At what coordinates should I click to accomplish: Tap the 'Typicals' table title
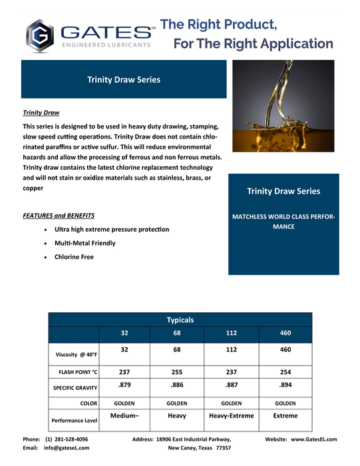pyautogui.click(x=180, y=320)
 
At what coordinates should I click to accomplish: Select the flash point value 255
pyautogui.click(x=178, y=372)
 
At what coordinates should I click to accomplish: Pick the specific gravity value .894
pyautogui.click(x=285, y=385)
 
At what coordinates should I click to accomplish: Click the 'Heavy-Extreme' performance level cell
pyautogui.click(x=231, y=416)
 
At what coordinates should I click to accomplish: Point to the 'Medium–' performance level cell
pyautogui.click(x=124, y=416)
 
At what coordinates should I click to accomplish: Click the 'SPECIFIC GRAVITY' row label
pyautogui.click(x=75, y=387)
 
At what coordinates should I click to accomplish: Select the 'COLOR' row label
pyautogui.click(x=89, y=403)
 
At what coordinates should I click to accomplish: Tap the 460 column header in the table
pyautogui.click(x=285, y=333)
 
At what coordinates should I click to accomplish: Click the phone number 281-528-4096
pyautogui.click(x=67, y=439)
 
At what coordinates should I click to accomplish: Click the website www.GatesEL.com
pyautogui.click(x=313, y=439)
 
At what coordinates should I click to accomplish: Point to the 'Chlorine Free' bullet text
pyautogui.click(x=74, y=256)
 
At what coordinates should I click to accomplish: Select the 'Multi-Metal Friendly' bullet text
pyautogui.click(x=85, y=243)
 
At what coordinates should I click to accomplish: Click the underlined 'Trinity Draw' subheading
pyautogui.click(x=41, y=113)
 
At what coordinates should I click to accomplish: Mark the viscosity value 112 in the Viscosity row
pyautogui.click(x=231, y=349)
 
